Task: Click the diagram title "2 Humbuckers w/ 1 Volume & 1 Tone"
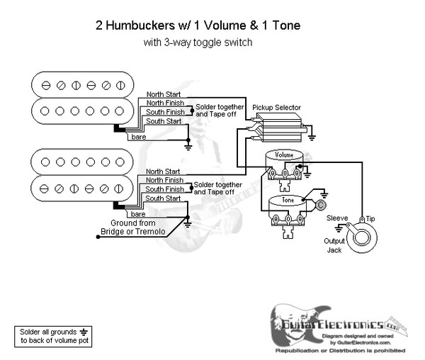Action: click(x=197, y=26)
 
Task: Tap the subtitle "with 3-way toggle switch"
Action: click(x=197, y=43)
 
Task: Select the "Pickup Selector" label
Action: click(x=277, y=108)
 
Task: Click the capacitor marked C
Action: click(x=320, y=206)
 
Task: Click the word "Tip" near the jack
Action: click(x=370, y=219)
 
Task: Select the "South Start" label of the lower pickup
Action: click(x=162, y=198)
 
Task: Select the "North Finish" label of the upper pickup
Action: click(x=162, y=103)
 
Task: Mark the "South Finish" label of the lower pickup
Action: click(x=162, y=189)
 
